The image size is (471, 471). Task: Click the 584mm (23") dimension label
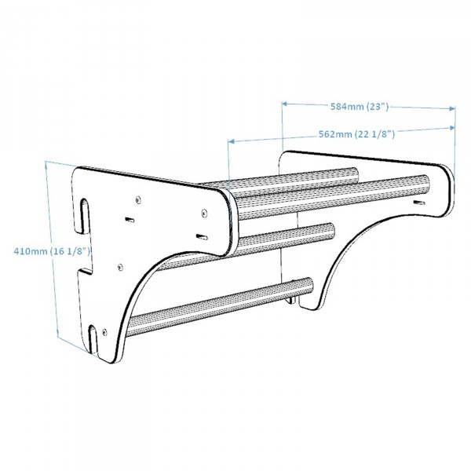click(358, 104)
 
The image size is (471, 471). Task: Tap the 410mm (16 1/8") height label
click(53, 250)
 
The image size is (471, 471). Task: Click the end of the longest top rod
click(425, 187)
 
